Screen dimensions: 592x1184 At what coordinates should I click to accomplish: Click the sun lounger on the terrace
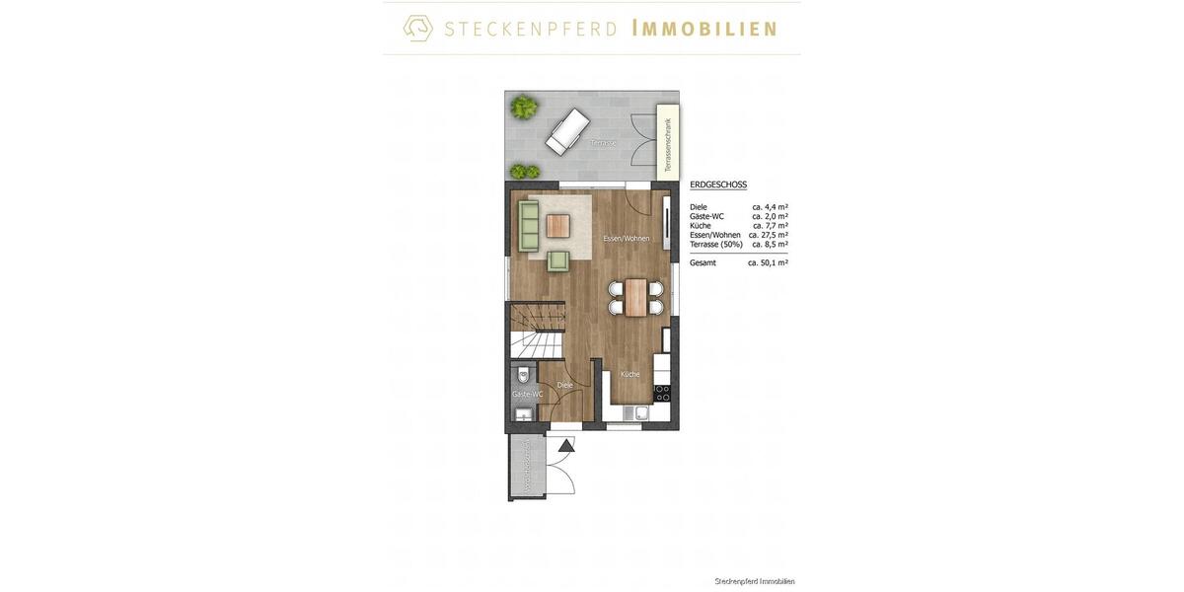(x=567, y=131)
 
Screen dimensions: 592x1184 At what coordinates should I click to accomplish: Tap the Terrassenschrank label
(x=668, y=144)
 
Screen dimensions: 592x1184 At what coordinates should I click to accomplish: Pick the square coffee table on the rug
(x=558, y=226)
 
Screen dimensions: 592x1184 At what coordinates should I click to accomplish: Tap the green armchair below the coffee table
(x=558, y=260)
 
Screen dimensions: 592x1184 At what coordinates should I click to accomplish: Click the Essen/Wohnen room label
(x=627, y=239)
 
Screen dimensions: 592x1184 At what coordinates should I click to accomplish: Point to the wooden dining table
(x=636, y=296)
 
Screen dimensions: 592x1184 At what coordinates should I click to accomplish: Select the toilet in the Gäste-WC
(x=523, y=374)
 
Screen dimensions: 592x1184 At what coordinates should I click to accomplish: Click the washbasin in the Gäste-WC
(x=523, y=415)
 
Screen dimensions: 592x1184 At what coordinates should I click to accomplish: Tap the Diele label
(x=564, y=385)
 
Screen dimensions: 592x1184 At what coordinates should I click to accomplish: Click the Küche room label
(x=629, y=374)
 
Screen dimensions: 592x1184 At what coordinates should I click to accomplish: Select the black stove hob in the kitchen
(x=662, y=393)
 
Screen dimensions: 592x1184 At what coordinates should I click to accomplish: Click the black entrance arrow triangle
(x=566, y=445)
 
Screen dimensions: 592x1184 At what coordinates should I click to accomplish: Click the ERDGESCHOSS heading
(x=718, y=185)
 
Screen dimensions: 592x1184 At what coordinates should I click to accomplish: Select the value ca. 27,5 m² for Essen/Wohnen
(x=768, y=235)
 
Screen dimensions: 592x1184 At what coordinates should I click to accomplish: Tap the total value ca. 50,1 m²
(x=768, y=262)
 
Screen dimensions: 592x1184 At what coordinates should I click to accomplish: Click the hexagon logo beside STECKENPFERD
(x=418, y=28)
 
